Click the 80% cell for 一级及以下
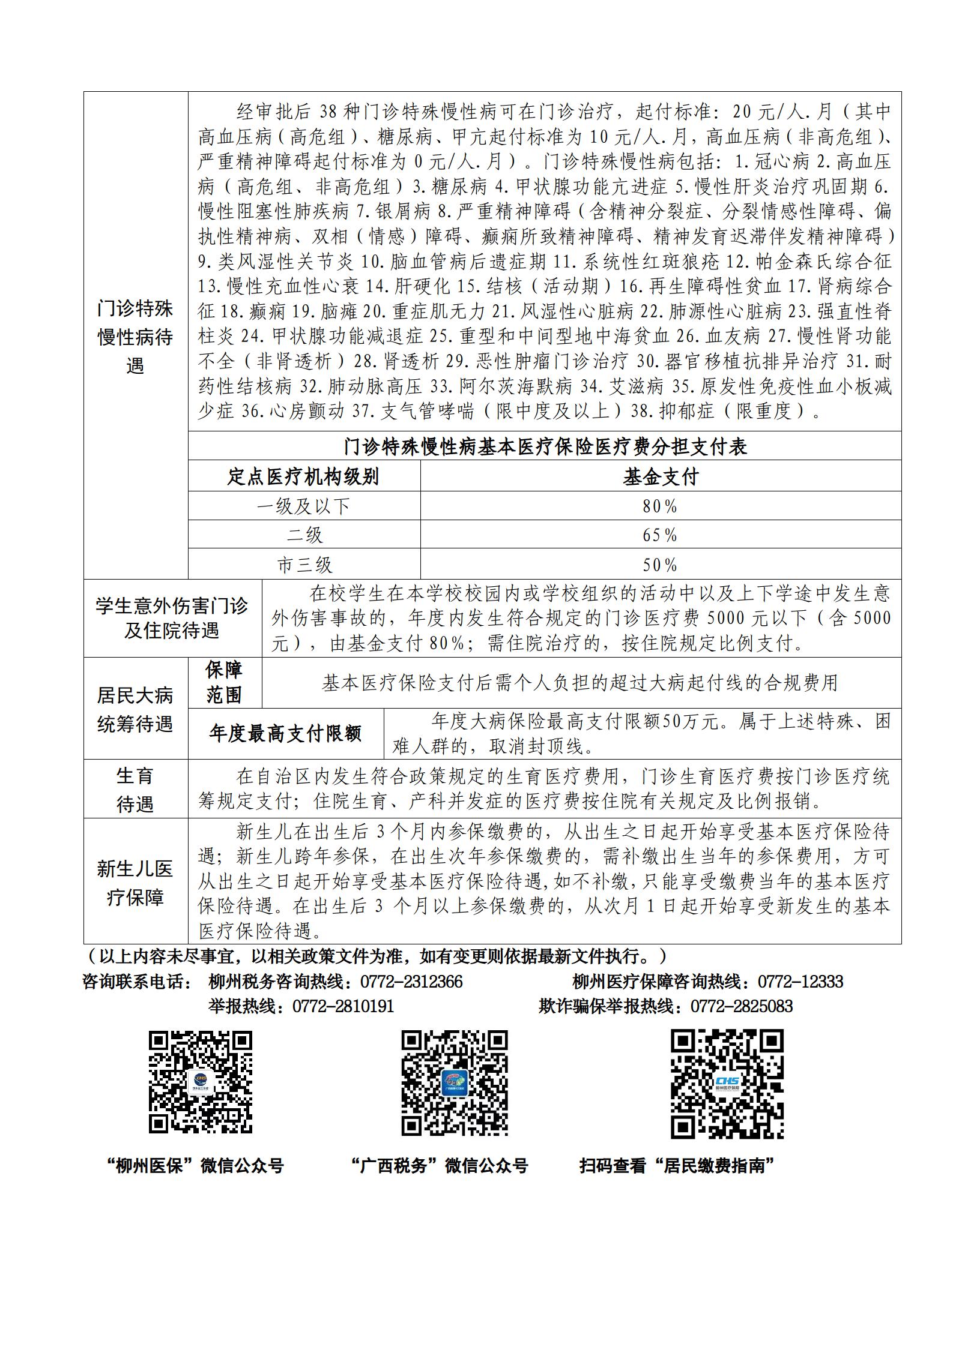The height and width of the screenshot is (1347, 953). point(660,506)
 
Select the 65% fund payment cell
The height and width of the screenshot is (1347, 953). point(660,535)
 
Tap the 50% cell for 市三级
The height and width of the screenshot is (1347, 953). point(660,565)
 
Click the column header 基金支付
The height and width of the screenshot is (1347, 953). point(660,477)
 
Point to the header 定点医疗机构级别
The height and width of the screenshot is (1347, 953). point(304,477)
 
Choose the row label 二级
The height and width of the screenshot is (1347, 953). point(304,535)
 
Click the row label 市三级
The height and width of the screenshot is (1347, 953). point(304,565)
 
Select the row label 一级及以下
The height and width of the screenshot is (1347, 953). point(304,506)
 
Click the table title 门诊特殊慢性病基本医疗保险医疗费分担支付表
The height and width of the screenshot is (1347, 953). point(545,446)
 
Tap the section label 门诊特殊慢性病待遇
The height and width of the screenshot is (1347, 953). point(135,337)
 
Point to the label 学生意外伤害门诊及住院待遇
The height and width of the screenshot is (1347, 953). point(172,619)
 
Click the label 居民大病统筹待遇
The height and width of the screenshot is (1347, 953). point(135,710)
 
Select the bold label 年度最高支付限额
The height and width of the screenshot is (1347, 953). point(285,734)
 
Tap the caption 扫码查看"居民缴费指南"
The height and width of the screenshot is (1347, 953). point(677,1166)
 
